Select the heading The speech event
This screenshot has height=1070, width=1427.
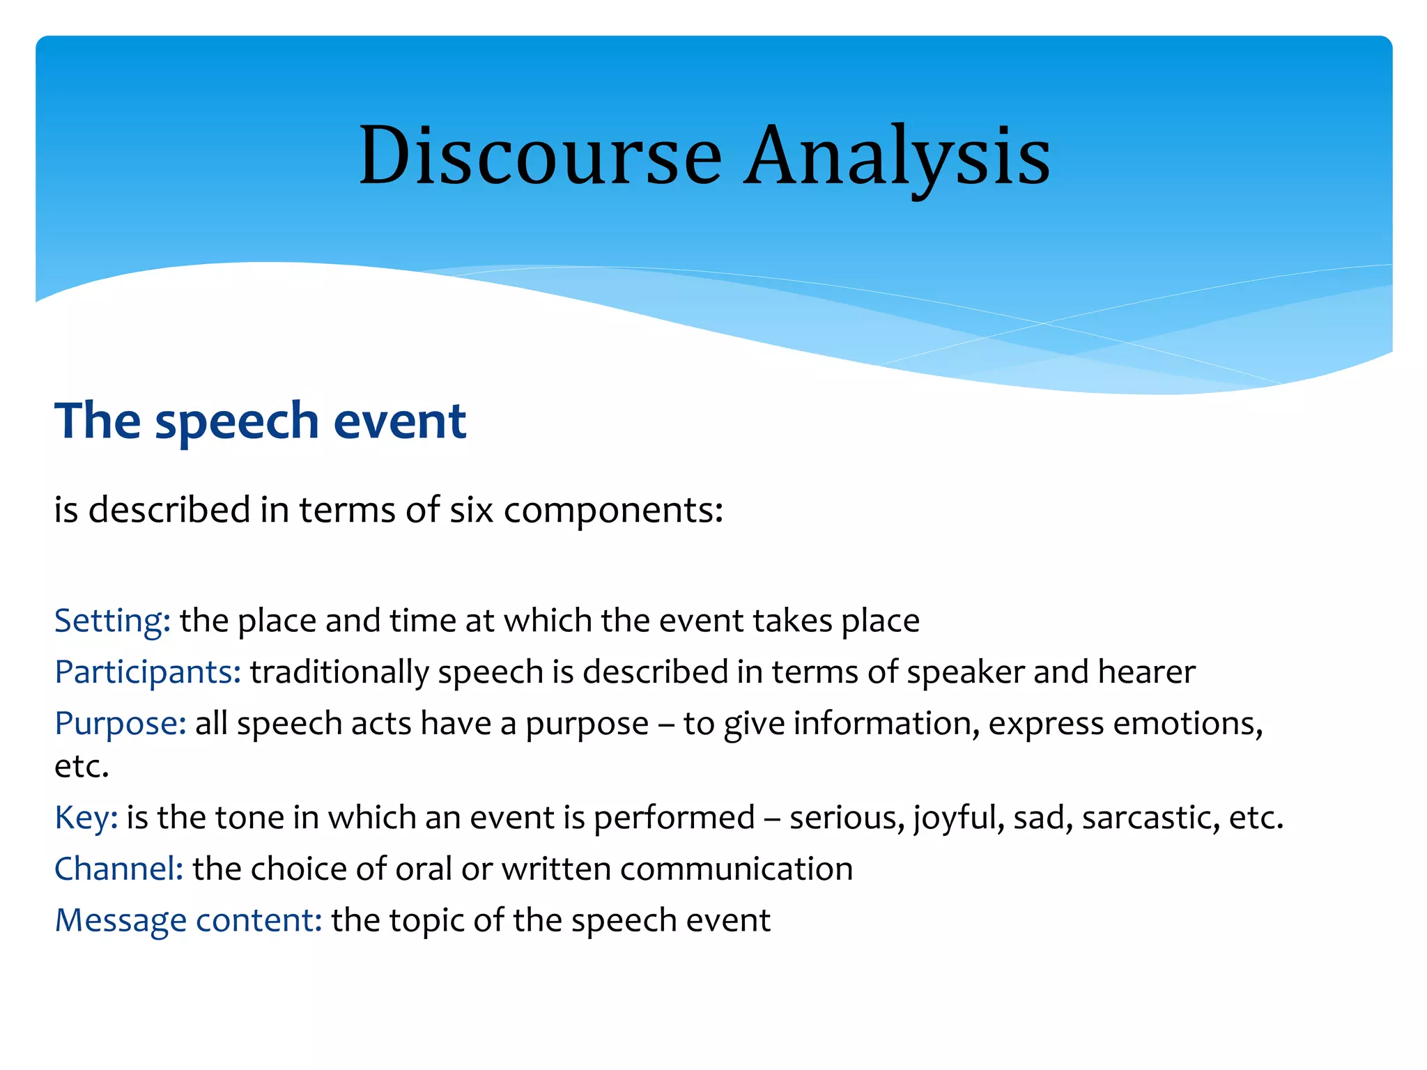click(x=260, y=421)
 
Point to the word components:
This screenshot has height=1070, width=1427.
click(x=613, y=510)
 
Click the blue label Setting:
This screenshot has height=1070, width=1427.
click(x=112, y=621)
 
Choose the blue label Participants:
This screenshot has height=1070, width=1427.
click(x=148, y=672)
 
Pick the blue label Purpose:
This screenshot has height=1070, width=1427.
click(x=120, y=724)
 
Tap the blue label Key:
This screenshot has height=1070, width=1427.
click(x=86, y=818)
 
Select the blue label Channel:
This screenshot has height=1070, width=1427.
click(x=118, y=869)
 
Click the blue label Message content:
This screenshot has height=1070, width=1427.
click(x=188, y=921)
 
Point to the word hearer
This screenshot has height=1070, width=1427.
click(x=1146, y=672)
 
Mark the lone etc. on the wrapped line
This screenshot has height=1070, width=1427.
click(x=82, y=767)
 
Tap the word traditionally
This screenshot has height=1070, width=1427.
click(x=339, y=672)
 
